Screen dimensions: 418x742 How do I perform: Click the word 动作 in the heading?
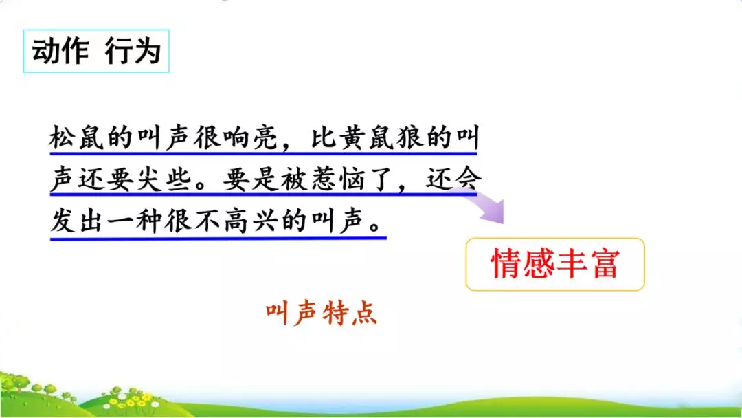click(60, 51)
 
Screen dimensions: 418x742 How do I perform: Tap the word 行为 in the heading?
click(133, 51)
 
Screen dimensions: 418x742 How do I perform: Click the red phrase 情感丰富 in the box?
click(554, 264)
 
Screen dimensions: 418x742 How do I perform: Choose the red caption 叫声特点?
click(322, 314)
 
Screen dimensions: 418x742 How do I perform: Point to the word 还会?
click(453, 181)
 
